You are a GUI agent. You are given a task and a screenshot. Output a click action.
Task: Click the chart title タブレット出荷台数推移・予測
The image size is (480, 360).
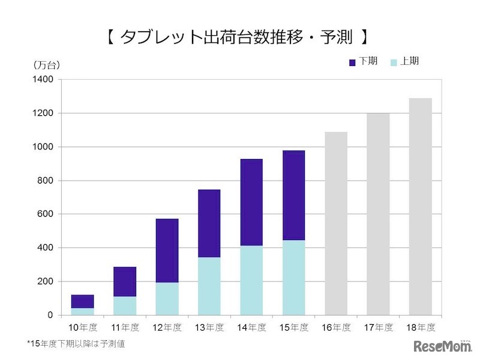pos(238,37)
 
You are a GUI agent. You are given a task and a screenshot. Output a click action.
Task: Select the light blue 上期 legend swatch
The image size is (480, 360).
pos(394,62)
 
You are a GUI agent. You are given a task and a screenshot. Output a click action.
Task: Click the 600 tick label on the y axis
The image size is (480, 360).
pos(48,214)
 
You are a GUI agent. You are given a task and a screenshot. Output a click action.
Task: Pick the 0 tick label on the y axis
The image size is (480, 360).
pos(50,315)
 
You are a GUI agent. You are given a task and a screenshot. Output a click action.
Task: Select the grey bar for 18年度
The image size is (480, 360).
pos(420,206)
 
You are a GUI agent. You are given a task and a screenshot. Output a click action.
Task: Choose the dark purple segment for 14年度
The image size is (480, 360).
pos(251,202)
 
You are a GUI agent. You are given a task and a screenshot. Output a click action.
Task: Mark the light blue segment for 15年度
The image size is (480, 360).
pos(293,277)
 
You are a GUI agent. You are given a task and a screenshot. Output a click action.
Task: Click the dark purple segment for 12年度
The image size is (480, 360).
pos(167,250)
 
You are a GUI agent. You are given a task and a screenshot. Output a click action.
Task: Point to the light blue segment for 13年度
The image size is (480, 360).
pos(209,286)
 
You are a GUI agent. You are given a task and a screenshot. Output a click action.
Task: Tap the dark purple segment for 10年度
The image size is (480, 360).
pos(83,301)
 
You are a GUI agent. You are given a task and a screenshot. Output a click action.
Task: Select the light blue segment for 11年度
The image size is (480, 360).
pos(125,305)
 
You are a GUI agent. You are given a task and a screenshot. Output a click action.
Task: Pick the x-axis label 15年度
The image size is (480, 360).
pos(293,328)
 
